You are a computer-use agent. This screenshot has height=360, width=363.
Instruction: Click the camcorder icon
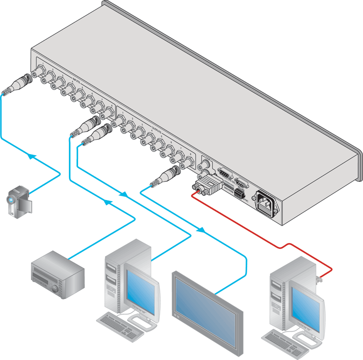coord(18,201)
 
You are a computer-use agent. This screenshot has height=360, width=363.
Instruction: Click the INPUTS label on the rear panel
coord(78,81)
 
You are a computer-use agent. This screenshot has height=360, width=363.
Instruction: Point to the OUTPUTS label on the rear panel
coord(156,128)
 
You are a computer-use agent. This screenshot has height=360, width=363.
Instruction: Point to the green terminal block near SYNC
coord(238,194)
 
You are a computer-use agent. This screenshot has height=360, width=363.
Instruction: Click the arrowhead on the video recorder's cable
coord(108,202)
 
